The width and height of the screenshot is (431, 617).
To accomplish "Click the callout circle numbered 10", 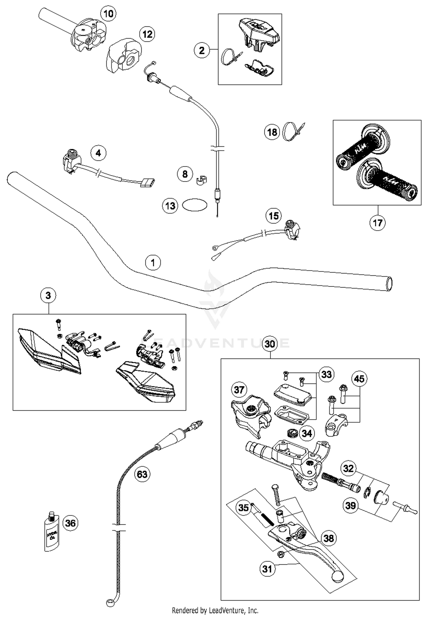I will click(x=108, y=14).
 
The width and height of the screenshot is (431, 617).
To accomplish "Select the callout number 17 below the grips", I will click(x=377, y=223).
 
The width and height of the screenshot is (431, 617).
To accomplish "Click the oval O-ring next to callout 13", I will click(x=195, y=205).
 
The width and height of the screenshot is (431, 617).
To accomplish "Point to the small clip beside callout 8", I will click(x=201, y=180).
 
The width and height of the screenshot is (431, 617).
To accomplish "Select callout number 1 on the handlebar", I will click(x=153, y=262).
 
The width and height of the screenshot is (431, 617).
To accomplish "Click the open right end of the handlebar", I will click(x=389, y=284).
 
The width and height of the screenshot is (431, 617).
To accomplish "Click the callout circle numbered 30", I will click(x=270, y=344).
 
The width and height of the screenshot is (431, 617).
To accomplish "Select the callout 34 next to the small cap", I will click(x=307, y=433).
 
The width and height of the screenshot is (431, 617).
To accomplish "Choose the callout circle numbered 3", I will click(x=48, y=295).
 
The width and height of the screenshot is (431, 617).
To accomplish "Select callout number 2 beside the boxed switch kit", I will click(x=202, y=50).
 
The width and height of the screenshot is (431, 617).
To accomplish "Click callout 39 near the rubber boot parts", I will click(x=351, y=505).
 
